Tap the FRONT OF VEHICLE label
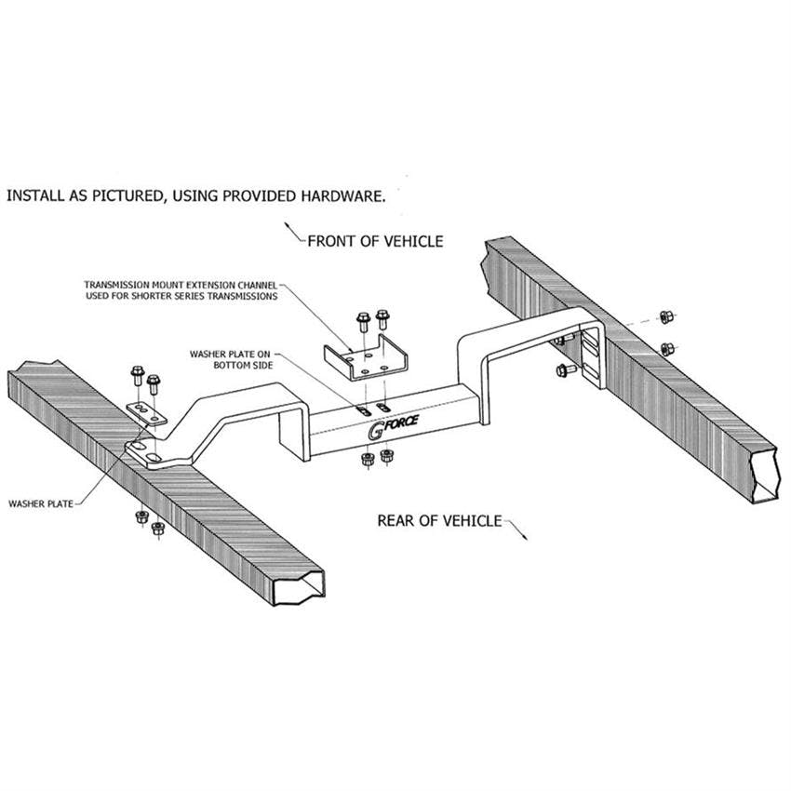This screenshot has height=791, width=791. [x=375, y=241]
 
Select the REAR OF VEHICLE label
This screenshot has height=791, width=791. [x=439, y=520]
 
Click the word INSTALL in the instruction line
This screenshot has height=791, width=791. [x=34, y=196]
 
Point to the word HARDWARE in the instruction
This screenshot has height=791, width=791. [x=338, y=196]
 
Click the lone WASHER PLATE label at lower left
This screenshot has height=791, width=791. [x=40, y=503]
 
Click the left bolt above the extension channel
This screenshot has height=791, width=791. [x=363, y=324]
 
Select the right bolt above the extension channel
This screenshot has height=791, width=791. [x=382, y=320]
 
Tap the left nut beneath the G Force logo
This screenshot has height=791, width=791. [x=367, y=460]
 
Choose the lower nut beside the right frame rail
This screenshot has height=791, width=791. [x=666, y=349]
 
